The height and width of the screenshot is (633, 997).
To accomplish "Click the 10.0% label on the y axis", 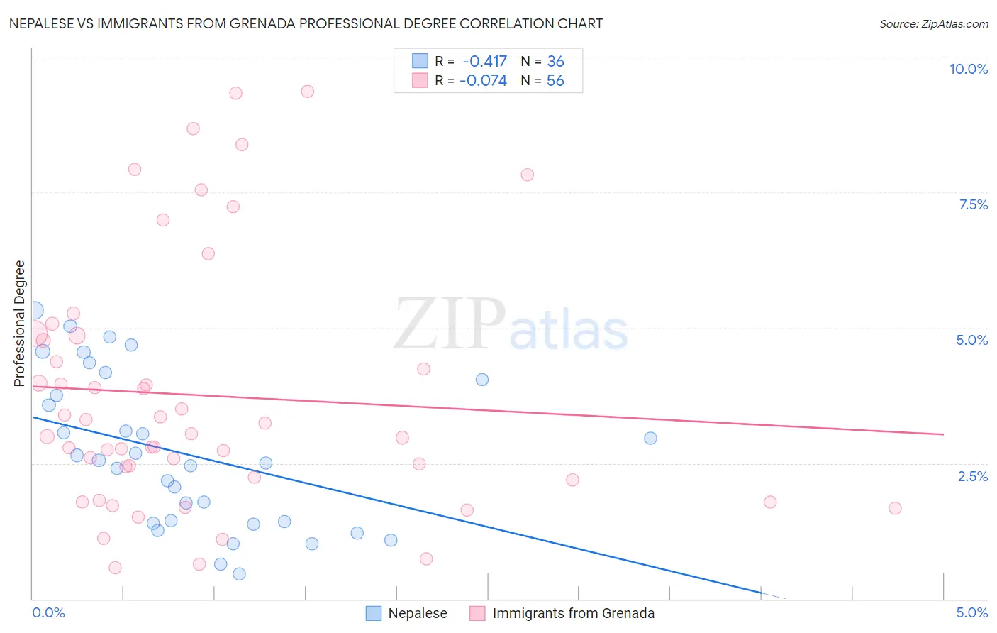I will [x=968, y=69].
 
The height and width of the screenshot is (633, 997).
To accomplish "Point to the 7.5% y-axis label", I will [x=973, y=204].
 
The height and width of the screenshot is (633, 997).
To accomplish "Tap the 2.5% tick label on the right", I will [x=973, y=476].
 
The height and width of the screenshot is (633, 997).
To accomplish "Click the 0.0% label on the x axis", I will [x=48, y=612].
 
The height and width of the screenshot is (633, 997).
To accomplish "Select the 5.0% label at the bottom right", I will [x=971, y=612].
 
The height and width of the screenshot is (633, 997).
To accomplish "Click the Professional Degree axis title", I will [x=19, y=324].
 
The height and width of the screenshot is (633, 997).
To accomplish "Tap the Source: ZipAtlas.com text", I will [x=933, y=23].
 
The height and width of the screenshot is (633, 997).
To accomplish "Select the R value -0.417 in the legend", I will [x=484, y=62].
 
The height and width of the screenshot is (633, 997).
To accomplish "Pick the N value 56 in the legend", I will [x=555, y=81].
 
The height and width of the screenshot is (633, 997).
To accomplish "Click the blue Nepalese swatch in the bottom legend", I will [x=374, y=613].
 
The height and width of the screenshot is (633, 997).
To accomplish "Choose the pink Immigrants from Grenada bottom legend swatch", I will [x=477, y=613].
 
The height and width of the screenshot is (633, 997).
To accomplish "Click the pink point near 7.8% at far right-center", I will [x=527, y=175].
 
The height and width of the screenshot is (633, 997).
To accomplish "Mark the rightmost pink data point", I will [x=895, y=508].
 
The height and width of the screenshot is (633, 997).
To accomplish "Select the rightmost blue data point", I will [x=650, y=438].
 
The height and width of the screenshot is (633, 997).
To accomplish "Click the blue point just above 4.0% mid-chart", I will [x=482, y=380].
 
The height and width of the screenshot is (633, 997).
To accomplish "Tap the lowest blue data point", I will [x=239, y=573].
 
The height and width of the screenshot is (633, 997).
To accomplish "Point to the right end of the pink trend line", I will [x=943, y=434].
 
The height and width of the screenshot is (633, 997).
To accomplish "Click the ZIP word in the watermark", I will [x=450, y=324].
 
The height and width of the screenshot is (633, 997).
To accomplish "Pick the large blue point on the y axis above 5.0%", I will [x=34, y=310].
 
